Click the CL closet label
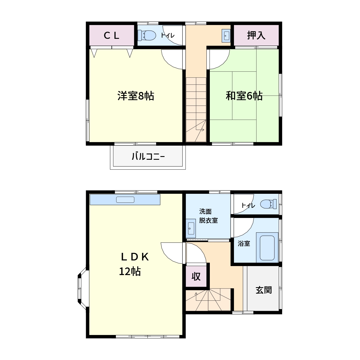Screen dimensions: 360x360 click(x=111, y=35)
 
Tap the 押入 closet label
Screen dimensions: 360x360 click(x=256, y=35)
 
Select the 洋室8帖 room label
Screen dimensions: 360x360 click(x=136, y=96)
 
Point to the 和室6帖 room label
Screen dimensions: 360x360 click(x=244, y=96)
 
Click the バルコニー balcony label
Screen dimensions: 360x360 click(x=148, y=156)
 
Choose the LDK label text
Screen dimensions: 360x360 click(x=135, y=257)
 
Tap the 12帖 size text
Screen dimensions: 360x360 click(x=130, y=271)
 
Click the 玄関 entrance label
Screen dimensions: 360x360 click(x=264, y=290)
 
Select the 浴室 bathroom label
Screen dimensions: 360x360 click(x=244, y=244)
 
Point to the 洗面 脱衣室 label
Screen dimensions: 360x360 click(x=208, y=216)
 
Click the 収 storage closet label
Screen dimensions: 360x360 click(x=196, y=276)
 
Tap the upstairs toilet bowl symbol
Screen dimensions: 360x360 click(x=147, y=35)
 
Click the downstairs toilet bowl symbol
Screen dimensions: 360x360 click(x=268, y=204)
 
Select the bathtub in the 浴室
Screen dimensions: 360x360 click(x=267, y=248)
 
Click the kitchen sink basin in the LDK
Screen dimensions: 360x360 click(x=125, y=200)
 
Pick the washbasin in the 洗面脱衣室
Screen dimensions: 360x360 click(x=191, y=228)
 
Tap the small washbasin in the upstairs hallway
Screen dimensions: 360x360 click(x=226, y=35)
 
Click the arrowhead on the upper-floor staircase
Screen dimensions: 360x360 click(x=203, y=130)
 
